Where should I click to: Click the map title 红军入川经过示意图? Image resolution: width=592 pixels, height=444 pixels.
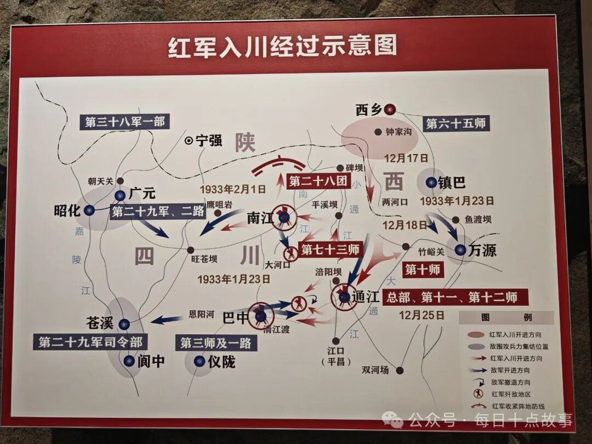coord(282,47)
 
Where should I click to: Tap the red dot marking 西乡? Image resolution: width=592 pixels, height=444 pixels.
coord(390,110)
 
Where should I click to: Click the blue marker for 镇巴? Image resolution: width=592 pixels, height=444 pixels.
coord(431,183)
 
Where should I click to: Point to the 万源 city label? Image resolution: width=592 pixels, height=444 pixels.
coord(483,251)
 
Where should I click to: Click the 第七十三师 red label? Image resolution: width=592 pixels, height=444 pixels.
coord(331,250)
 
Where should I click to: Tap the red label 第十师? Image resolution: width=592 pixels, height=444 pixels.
coord(423,269)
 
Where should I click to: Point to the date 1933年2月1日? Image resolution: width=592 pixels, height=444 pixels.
coord(233,190)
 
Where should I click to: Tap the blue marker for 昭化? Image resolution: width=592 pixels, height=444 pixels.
coord(89,210)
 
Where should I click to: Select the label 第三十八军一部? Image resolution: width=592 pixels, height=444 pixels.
coord(124,122)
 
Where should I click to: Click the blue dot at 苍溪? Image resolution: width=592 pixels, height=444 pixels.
coord(124,324)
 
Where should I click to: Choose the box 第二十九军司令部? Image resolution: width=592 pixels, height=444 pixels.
coord(90,343)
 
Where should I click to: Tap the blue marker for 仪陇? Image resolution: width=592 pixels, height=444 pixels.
coord(200,361)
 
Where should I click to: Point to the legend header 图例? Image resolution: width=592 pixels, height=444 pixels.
coord(505,318)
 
